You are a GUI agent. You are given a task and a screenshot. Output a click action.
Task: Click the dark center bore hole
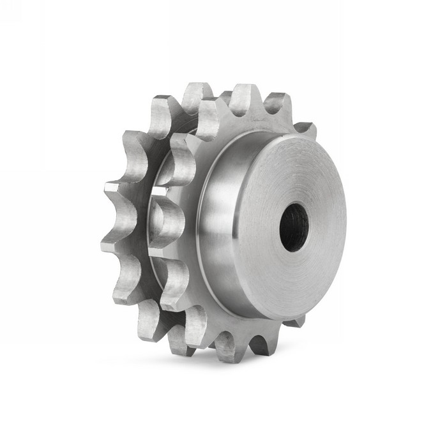click(x=294, y=227)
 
